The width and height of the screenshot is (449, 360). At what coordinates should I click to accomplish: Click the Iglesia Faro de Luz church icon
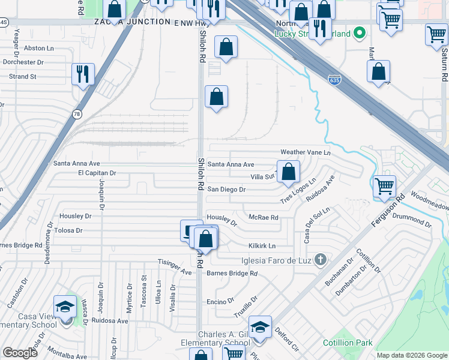tap(321, 259)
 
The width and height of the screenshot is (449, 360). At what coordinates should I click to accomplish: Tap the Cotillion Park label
tap(348, 343)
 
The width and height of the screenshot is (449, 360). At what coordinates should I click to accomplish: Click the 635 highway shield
tap(335, 79)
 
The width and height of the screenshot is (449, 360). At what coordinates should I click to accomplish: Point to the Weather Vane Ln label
tap(306, 152)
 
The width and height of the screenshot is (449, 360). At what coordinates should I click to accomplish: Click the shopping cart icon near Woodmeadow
tap(384, 185)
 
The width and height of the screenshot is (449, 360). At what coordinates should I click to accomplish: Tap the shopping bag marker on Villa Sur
tap(288, 171)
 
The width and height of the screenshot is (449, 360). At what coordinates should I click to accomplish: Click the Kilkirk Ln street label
tap(262, 246)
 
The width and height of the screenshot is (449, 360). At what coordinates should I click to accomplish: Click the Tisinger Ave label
tap(174, 262)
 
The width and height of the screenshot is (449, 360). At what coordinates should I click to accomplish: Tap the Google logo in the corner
tap(20, 353)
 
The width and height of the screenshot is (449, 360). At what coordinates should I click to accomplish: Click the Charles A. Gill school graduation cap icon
tap(260, 327)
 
